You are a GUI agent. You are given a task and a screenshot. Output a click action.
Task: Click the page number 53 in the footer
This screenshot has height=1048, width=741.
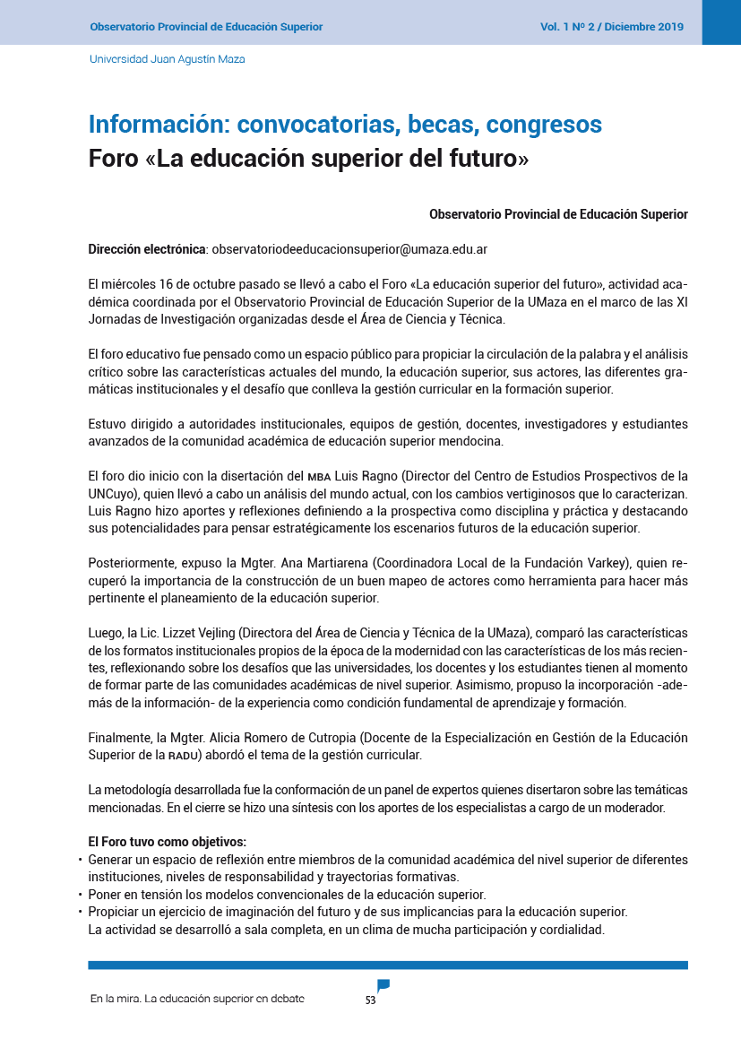tap(370, 1000)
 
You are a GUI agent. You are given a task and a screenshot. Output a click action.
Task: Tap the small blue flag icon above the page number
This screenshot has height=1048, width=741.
tap(383, 985)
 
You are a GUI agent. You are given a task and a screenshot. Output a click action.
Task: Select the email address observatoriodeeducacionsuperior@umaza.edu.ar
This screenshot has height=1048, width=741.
tap(349, 248)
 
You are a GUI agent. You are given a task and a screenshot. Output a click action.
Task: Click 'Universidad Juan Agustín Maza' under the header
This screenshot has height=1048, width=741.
tap(167, 59)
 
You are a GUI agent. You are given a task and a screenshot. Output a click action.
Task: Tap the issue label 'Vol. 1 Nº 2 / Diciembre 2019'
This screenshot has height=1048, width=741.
tap(611, 27)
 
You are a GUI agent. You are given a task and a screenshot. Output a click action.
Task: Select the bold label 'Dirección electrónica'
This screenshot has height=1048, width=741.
tap(147, 248)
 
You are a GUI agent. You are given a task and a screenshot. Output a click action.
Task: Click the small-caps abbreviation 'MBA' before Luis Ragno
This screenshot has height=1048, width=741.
tap(319, 476)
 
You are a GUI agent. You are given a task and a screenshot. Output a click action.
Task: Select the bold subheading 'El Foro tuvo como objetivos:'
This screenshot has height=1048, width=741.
tap(167, 842)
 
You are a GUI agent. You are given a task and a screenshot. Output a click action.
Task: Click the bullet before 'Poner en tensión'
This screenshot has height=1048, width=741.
tap(81, 895)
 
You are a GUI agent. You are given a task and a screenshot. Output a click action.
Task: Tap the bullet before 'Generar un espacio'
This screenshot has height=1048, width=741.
tap(81, 860)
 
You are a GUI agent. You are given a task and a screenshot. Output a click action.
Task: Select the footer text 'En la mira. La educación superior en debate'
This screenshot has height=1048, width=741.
tap(197, 999)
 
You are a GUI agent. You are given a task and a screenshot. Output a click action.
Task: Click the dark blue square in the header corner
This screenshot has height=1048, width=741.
tap(721, 22)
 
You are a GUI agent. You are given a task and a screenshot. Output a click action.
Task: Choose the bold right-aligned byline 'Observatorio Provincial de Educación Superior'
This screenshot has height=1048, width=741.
tap(558, 214)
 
